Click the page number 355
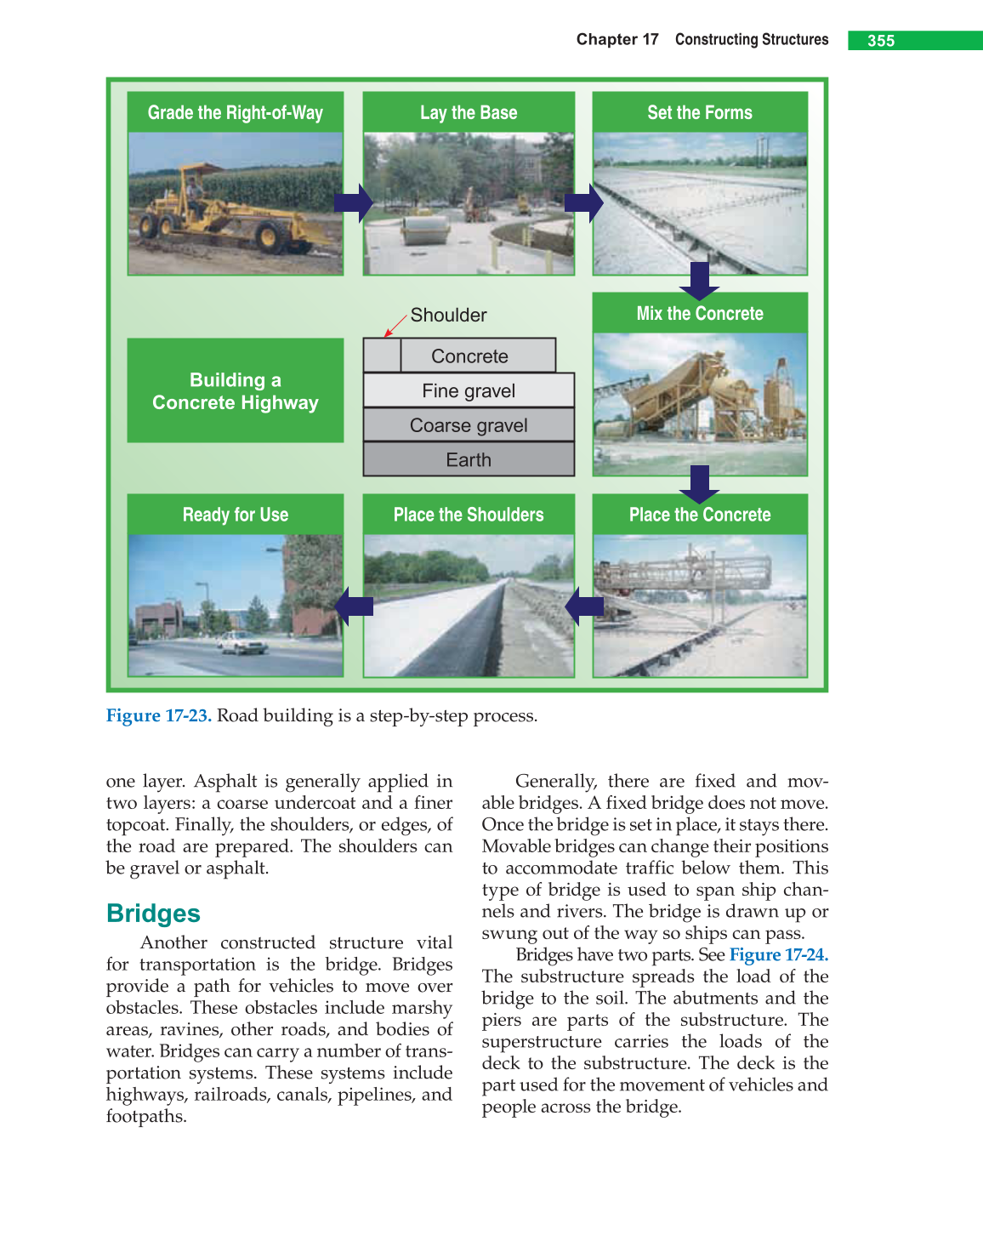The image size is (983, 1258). pos(881,41)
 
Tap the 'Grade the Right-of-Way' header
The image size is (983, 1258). pos(236,112)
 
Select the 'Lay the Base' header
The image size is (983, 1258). pos(469,112)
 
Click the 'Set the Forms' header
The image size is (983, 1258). pos(700,112)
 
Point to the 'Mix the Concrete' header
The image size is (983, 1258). pos(700,314)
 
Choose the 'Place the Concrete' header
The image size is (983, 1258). pos(700,515)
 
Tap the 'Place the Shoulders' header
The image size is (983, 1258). pos(469,515)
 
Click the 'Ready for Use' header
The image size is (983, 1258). pos(236,515)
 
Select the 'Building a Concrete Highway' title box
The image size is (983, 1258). pos(236,391)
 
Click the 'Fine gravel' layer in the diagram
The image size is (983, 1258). pos(469,391)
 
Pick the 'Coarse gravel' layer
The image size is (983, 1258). pos(469,425)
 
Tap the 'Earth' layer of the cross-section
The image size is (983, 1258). pos(469,460)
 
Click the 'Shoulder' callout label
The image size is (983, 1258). pos(448,316)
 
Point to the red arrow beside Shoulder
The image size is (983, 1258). pos(395,326)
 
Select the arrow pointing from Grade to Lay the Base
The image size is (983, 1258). pos(353,202)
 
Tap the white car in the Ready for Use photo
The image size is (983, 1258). pos(242,642)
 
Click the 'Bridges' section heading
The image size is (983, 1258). pos(153,914)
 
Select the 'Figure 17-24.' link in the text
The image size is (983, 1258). pos(779,955)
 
